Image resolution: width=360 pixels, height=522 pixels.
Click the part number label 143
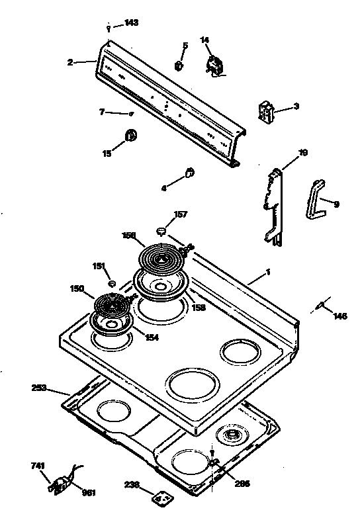(x=131, y=22)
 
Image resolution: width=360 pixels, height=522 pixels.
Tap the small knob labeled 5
(x=179, y=65)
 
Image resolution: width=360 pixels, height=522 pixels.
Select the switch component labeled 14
(x=216, y=65)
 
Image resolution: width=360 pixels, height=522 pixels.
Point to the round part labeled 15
(x=131, y=136)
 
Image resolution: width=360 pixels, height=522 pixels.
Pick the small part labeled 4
(x=189, y=173)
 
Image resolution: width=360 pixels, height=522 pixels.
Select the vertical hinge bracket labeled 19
(x=274, y=205)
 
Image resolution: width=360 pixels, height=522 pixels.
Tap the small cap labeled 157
(x=161, y=230)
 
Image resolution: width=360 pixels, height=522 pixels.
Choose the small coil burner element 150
(x=110, y=306)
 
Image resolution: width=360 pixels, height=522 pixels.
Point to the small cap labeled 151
(x=112, y=283)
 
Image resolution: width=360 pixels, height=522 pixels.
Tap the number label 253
(x=39, y=388)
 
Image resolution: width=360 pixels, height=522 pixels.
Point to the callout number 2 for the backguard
(x=70, y=63)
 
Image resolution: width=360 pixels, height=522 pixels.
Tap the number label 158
(x=199, y=308)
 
